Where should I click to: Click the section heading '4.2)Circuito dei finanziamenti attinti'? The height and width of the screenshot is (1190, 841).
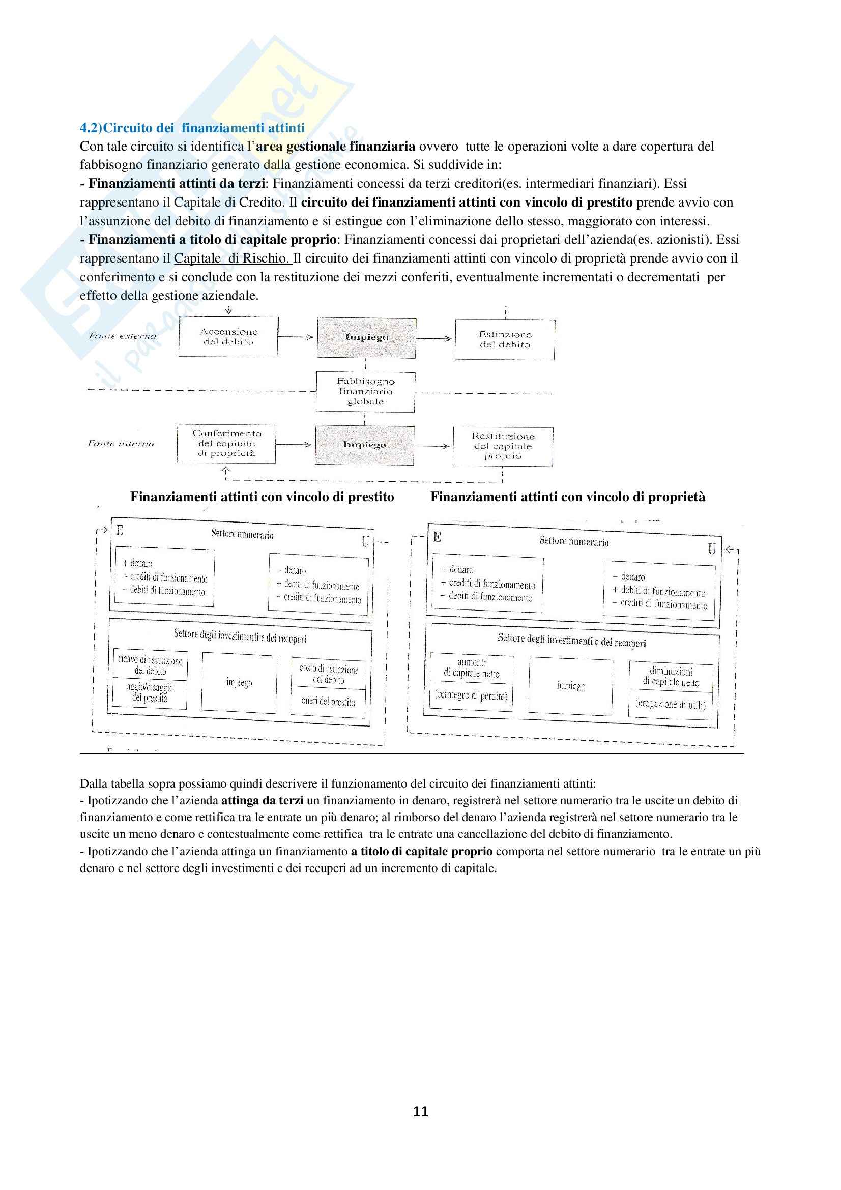(x=192, y=128)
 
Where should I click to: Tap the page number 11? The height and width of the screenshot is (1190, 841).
(x=420, y=1111)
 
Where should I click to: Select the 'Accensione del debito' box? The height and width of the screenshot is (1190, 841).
(x=228, y=337)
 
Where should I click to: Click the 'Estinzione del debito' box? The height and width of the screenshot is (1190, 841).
(x=505, y=339)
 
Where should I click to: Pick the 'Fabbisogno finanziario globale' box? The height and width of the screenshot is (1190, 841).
(x=365, y=392)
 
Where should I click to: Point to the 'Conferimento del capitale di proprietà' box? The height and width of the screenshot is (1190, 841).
(x=226, y=444)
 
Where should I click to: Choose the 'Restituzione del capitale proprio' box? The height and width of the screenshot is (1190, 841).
(x=503, y=446)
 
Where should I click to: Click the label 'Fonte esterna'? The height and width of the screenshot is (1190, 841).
(x=122, y=336)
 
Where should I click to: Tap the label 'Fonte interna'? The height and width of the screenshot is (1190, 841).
(x=121, y=444)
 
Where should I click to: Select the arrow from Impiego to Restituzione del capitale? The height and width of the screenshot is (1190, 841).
(x=432, y=446)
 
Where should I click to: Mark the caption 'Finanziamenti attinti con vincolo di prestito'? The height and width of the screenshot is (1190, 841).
(x=262, y=497)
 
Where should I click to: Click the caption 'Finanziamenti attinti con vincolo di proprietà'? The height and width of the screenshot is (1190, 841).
(x=567, y=497)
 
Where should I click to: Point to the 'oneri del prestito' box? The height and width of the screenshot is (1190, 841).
(x=328, y=702)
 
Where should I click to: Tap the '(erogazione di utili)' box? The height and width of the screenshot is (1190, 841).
(x=671, y=704)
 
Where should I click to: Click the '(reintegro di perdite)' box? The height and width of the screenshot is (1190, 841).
(x=471, y=695)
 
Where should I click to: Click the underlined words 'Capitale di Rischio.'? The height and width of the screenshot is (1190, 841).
(x=233, y=258)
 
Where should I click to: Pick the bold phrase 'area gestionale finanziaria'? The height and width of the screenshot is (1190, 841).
(x=336, y=146)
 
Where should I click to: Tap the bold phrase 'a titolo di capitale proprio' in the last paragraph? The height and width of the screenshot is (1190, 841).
(x=421, y=851)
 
